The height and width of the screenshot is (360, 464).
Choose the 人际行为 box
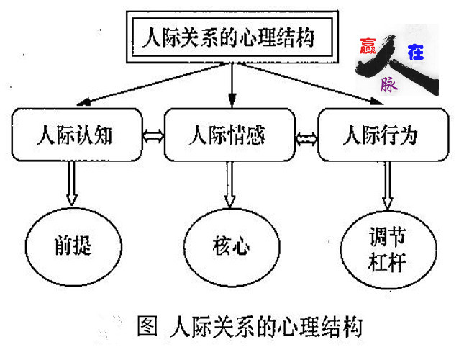378,135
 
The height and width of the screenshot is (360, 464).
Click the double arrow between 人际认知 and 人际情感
153,135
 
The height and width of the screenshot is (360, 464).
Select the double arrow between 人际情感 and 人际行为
306,135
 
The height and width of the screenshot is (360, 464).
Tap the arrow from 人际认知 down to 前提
73,184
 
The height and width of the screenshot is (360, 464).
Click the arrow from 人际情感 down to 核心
231,184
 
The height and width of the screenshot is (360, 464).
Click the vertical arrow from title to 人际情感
231,83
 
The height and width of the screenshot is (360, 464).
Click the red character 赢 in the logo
368,48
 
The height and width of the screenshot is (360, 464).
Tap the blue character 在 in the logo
416,51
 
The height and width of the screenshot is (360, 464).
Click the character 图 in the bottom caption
147,327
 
